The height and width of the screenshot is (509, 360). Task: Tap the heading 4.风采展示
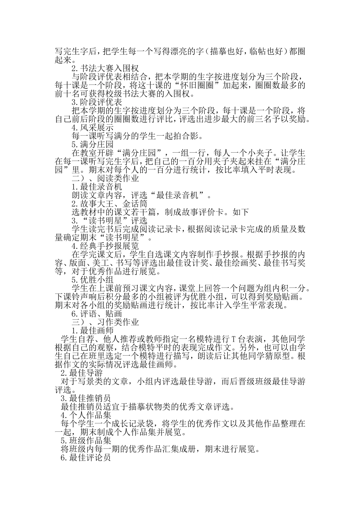92,128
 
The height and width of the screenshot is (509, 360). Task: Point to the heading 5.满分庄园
92,144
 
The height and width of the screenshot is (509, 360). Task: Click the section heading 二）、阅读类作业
105,178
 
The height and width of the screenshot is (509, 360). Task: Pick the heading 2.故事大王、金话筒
104,204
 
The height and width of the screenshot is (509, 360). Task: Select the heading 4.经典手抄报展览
105,246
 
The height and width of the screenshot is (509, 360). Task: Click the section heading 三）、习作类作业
105,322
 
